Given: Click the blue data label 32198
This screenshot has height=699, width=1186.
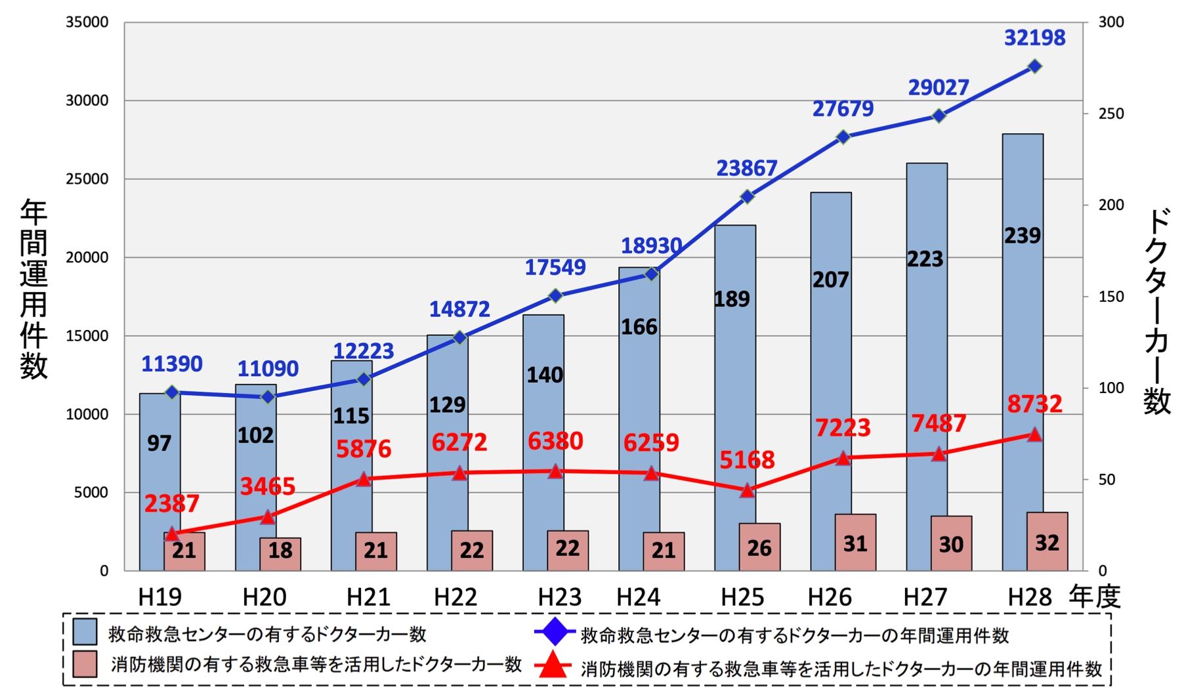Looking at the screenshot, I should tap(1034, 38).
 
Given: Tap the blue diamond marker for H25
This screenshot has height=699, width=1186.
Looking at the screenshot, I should tap(747, 196).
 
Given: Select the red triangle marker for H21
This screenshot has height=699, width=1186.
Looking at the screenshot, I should tap(364, 479).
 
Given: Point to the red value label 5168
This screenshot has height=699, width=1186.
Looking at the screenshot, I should tap(747, 459).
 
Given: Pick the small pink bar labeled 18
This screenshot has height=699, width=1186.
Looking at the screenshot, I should tap(280, 554).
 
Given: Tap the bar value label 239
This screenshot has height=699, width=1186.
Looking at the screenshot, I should tap(1022, 236).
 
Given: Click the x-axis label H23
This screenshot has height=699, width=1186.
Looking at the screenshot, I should tap(559, 597).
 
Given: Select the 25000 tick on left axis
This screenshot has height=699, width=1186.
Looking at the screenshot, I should tap(87, 179).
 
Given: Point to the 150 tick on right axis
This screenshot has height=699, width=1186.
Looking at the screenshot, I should tap(1111, 297).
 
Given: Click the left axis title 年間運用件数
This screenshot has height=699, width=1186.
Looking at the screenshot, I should tap(33, 289).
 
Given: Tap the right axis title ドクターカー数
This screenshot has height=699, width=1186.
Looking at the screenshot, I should tap(1156, 311).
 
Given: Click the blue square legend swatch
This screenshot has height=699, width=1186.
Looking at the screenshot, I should tap(85, 632).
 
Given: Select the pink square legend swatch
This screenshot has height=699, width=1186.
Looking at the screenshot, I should tap(85, 664).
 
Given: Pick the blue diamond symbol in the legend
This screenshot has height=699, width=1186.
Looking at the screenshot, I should tap(555, 632).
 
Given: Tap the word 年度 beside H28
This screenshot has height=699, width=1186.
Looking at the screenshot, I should tap(1094, 597).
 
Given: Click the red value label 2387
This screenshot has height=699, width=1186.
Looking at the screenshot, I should tap(171, 503).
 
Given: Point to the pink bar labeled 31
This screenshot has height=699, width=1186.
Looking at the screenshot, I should tap(855, 542).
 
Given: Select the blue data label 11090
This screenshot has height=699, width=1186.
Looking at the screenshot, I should tap(268, 369).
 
